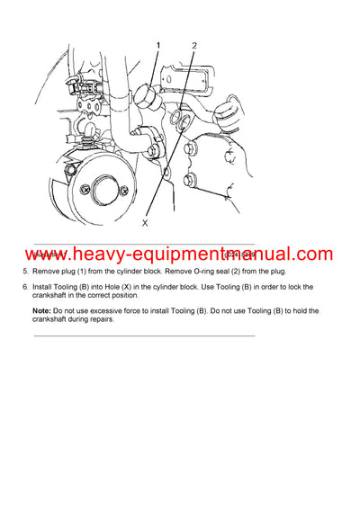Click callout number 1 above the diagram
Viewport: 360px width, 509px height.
(159, 45)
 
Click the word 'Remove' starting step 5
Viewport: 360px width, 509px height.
(47, 272)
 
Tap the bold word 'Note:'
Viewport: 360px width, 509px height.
(43, 310)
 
